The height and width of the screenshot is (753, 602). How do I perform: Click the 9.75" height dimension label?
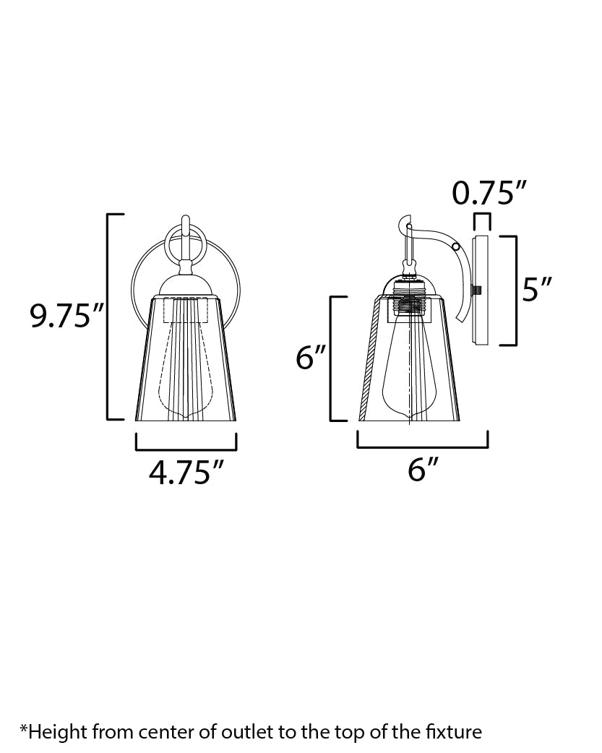(x=67, y=317)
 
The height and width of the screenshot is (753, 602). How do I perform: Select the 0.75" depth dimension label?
(x=489, y=193)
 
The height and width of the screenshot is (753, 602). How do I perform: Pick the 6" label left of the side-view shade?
(x=312, y=358)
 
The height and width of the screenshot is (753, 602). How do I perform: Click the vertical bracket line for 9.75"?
(x=108, y=317)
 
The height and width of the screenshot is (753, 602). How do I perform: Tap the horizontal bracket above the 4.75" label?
(x=186, y=448)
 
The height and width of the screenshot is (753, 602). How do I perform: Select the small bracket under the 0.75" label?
(x=482, y=215)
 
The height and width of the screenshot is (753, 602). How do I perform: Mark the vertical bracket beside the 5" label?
(x=516, y=291)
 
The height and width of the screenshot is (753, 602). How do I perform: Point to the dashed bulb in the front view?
(x=185, y=361)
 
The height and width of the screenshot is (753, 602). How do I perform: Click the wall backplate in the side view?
(x=480, y=289)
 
